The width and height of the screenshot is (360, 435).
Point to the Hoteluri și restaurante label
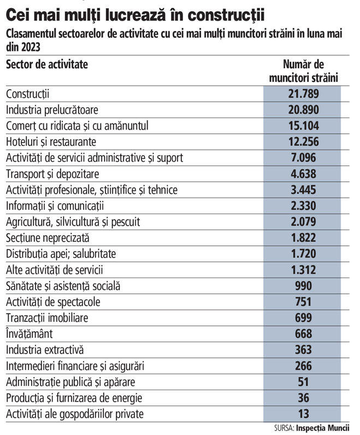(51, 142)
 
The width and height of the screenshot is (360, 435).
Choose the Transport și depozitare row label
(51, 174)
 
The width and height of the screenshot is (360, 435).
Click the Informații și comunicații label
(55, 206)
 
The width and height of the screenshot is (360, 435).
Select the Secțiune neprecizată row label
(48, 238)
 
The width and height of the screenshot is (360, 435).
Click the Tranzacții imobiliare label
(46, 318)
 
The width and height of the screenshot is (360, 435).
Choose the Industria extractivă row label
(45, 350)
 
